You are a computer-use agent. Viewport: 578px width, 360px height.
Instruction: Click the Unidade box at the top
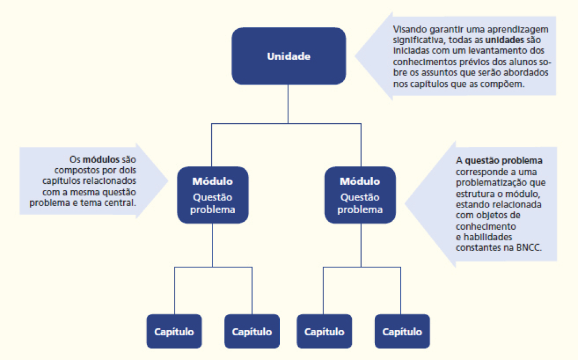(x=288, y=56)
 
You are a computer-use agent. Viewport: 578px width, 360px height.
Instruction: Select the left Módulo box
(x=212, y=195)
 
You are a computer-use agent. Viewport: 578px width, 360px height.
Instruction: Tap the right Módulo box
(x=360, y=195)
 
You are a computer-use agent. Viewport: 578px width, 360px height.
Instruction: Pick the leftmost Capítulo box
(x=174, y=331)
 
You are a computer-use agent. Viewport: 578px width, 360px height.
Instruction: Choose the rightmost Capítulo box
(x=402, y=331)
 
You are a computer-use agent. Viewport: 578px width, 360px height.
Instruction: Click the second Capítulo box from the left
(x=252, y=331)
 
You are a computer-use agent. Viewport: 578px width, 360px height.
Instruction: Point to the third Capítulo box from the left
(x=324, y=331)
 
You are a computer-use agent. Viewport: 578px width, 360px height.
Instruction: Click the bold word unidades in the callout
(x=504, y=41)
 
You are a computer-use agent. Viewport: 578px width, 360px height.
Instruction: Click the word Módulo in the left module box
(x=212, y=181)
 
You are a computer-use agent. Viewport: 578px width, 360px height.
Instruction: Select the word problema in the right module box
(x=360, y=210)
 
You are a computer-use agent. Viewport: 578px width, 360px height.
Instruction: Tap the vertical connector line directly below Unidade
(x=288, y=104)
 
